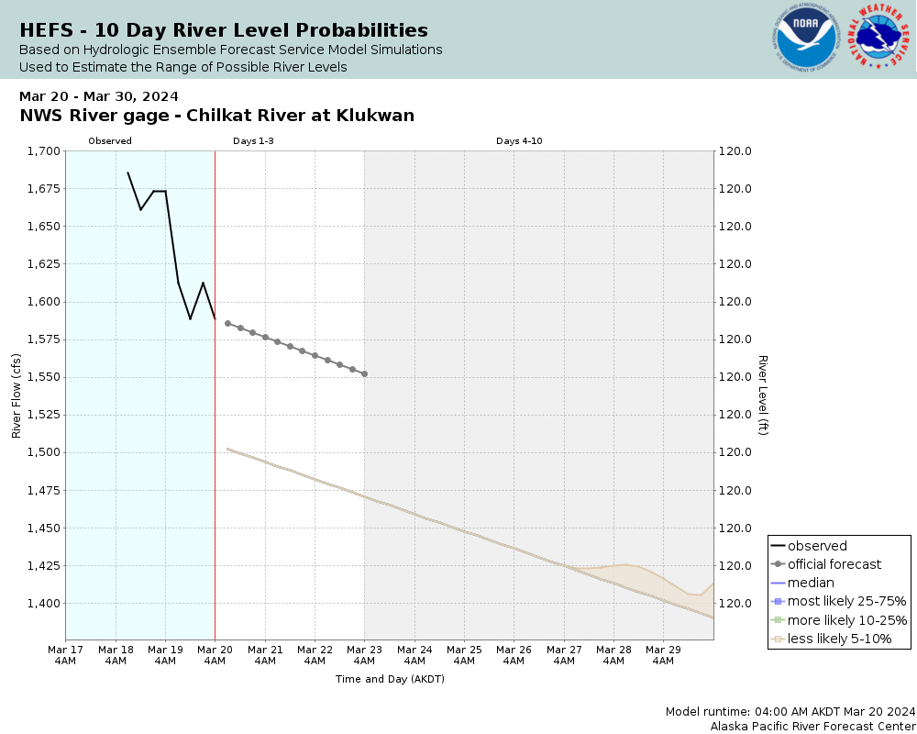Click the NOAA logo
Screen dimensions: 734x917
(x=805, y=39)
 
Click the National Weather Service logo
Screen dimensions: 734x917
(x=879, y=38)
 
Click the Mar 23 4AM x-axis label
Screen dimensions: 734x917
(x=365, y=654)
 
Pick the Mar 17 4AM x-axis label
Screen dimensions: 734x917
(x=65, y=654)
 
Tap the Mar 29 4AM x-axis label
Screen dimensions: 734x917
(x=664, y=654)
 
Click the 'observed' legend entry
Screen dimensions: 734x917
(x=817, y=546)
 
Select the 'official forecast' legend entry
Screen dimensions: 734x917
(x=834, y=564)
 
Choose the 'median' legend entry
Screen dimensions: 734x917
(x=811, y=583)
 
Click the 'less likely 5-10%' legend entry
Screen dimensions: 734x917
(x=839, y=638)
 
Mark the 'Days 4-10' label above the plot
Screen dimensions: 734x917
(x=519, y=141)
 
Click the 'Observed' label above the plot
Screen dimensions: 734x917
(x=110, y=141)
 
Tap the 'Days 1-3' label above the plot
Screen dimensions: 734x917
(x=253, y=141)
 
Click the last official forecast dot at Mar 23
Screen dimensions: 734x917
(x=365, y=373)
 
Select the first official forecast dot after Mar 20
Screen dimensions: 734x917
(x=227, y=323)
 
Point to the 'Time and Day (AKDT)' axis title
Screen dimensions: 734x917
(x=390, y=679)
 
